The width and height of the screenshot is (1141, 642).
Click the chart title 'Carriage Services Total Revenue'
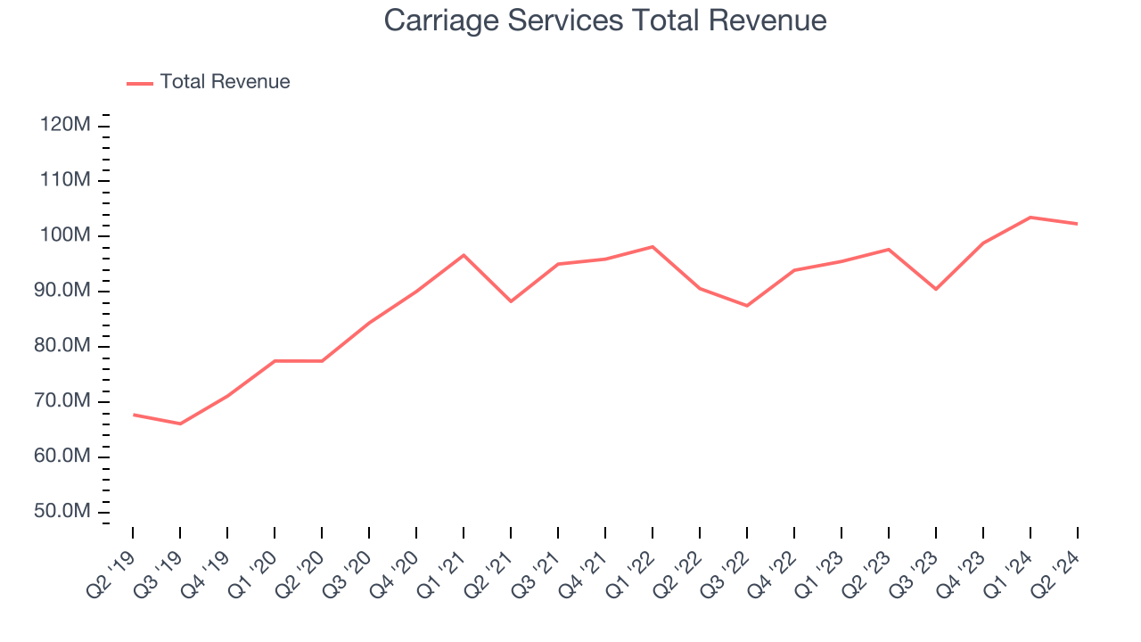coord(605,21)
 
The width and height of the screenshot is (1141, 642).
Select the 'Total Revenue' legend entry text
coord(225,82)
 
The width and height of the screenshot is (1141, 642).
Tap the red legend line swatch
coord(140,83)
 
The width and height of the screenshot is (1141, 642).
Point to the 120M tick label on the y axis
coord(65,125)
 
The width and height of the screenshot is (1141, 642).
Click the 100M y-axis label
coord(65,235)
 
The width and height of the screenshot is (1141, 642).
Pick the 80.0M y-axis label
coord(63,346)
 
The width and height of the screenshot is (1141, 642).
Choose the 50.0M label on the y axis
coord(63,512)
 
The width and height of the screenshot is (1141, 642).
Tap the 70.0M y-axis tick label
coord(63,401)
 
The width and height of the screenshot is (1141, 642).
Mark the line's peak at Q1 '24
coord(1030,218)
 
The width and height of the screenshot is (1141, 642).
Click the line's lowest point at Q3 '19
coord(180,424)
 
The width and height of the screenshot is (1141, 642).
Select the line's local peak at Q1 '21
coord(464,255)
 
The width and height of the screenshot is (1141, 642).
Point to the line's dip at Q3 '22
coord(747,306)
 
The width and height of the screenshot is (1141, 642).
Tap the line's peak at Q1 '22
coord(653,246)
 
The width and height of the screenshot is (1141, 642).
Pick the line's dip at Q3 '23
coord(936,289)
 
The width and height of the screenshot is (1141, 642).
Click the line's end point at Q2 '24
coord(1077,224)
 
